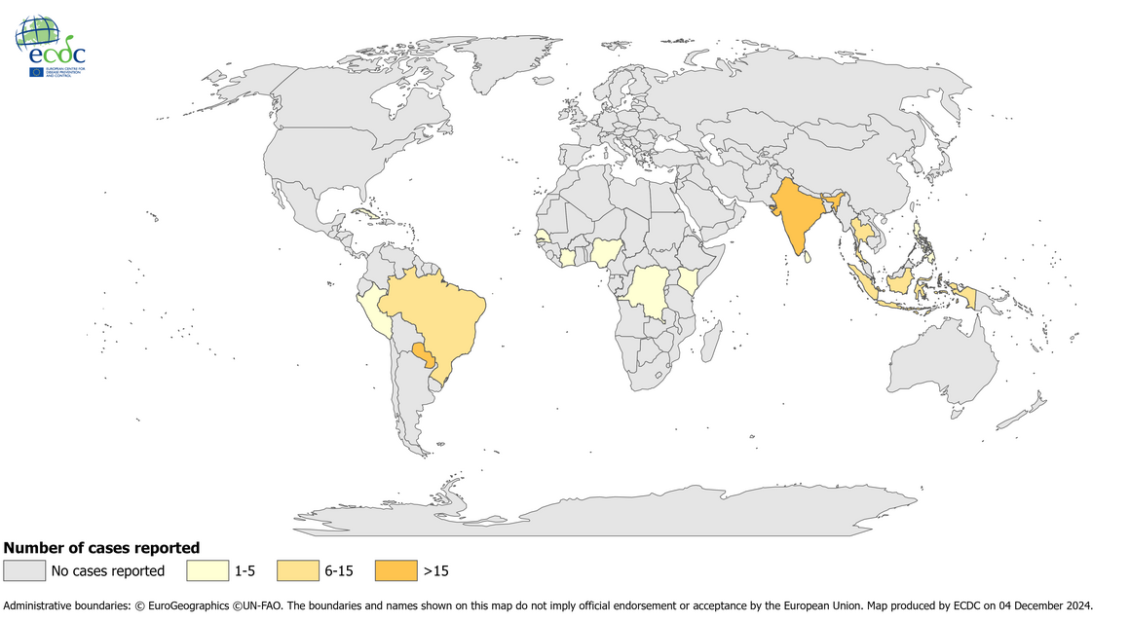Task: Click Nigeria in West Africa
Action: coord(605,253)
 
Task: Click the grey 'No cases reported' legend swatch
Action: coord(24,570)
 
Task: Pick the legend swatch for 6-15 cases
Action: coord(297,570)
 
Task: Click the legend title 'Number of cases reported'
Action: coord(101,548)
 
